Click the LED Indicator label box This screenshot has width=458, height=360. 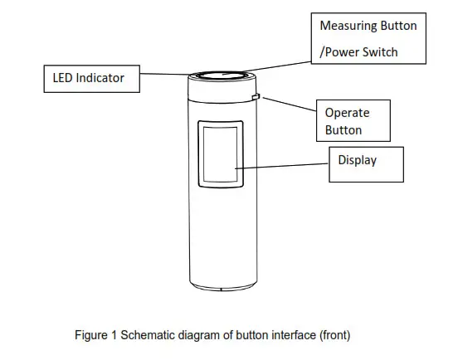(90, 79)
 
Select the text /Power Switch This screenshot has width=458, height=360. (359, 52)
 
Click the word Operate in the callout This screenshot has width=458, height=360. (347, 112)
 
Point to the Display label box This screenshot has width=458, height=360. (366, 163)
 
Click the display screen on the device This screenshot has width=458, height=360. (219, 154)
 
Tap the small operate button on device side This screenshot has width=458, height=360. (256, 98)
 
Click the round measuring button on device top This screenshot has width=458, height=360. (222, 75)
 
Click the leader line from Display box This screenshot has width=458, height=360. (282, 166)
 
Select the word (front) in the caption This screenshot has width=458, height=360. (333, 335)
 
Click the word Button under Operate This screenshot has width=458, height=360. (343, 130)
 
